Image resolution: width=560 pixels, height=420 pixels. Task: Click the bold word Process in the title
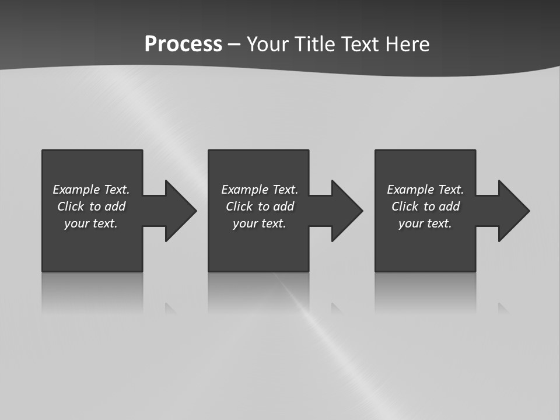click(x=183, y=44)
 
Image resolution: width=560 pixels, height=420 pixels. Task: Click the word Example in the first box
click(x=76, y=190)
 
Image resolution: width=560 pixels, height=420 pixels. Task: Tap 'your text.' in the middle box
click(x=259, y=223)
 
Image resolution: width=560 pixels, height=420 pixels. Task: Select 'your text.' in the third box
click(x=425, y=223)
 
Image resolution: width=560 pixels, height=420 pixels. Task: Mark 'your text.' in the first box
click(x=91, y=223)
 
